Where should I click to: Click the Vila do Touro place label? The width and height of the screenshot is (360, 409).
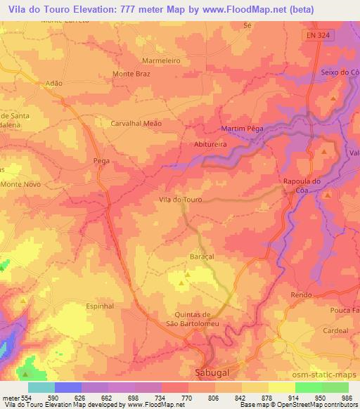click(x=181, y=200)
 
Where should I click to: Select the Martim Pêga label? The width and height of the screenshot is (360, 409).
click(x=243, y=129)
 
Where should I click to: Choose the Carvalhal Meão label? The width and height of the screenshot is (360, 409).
click(x=136, y=123)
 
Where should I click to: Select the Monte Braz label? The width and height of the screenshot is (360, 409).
click(x=133, y=74)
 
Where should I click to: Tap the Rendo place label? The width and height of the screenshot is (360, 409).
click(x=301, y=296)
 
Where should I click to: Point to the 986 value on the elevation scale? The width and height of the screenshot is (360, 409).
click(x=348, y=398)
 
